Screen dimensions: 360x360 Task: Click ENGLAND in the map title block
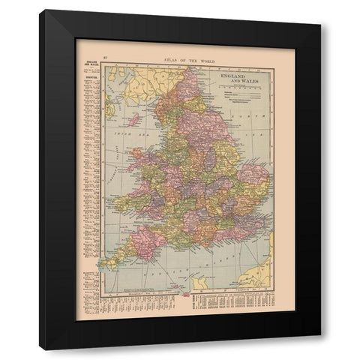235,77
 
